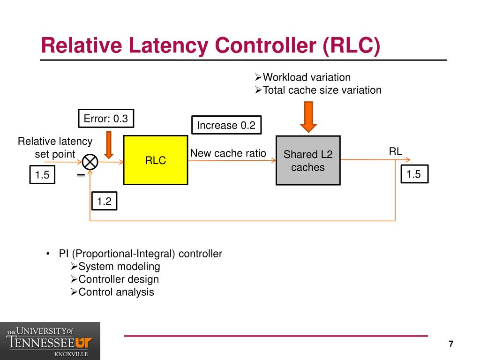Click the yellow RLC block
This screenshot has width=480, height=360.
point(156,160)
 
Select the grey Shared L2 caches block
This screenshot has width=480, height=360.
point(308,160)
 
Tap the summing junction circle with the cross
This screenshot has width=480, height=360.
point(90,162)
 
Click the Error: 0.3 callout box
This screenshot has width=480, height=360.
point(106,118)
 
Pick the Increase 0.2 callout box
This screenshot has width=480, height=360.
point(226,125)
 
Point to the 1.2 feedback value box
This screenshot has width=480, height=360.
point(105,201)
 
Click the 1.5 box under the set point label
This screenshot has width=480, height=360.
point(42,174)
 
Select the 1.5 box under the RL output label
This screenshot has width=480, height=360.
point(414,174)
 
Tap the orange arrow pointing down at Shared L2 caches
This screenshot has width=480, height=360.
point(308,117)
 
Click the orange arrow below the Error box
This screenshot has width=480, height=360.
point(109,145)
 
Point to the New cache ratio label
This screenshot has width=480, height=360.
point(228,153)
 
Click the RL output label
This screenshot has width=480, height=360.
point(396,151)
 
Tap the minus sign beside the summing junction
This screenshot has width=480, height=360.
point(81,175)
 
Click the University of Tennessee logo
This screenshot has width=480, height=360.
point(50,341)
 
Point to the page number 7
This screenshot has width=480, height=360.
point(451,344)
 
